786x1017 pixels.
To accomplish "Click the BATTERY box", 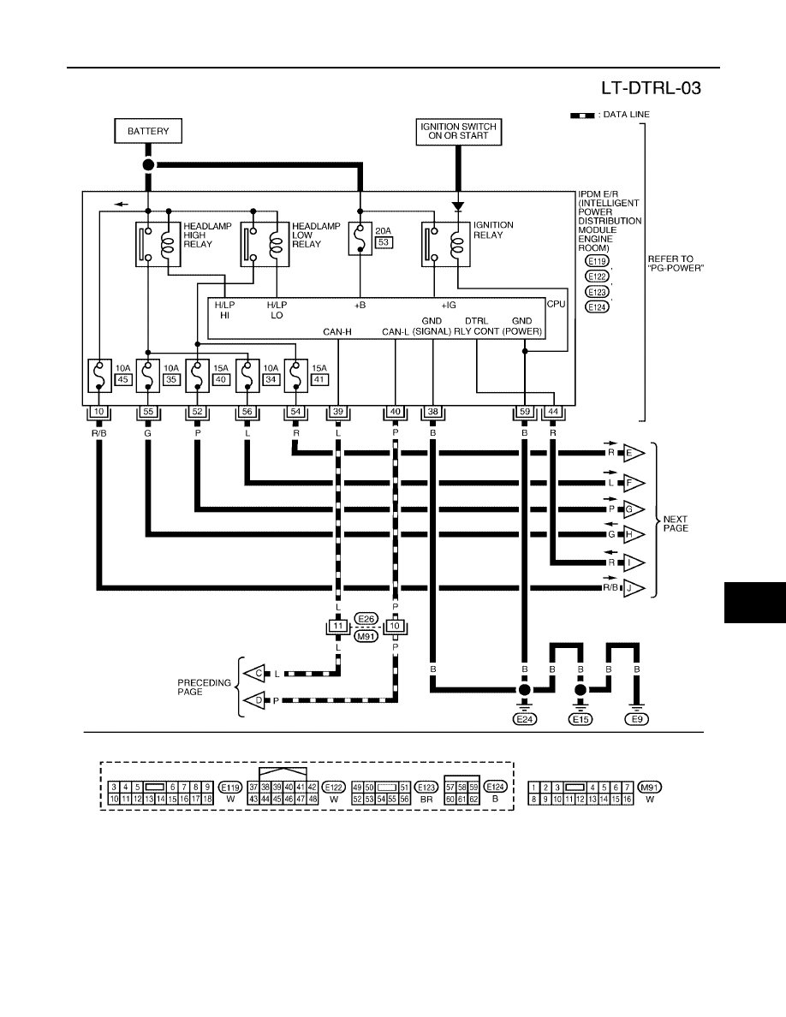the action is pyautogui.click(x=148, y=131).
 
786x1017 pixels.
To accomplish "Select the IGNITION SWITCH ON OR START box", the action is pyautogui.click(x=459, y=132).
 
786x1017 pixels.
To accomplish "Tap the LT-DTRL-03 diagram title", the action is pyautogui.click(x=651, y=88).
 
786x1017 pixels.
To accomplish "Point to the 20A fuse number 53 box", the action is pyautogui.click(x=384, y=242).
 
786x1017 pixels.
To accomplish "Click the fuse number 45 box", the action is pyautogui.click(x=122, y=379).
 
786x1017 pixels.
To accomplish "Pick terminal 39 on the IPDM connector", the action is pyautogui.click(x=338, y=412).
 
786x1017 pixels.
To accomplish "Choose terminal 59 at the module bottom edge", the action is pyautogui.click(x=525, y=412).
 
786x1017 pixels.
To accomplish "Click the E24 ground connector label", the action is pyautogui.click(x=525, y=718).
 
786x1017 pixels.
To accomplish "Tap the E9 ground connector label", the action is pyautogui.click(x=637, y=718).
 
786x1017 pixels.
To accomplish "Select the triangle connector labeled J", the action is pyautogui.click(x=634, y=589).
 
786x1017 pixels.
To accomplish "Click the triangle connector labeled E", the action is pyautogui.click(x=634, y=454).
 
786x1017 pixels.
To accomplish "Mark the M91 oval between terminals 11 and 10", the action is pyautogui.click(x=366, y=636).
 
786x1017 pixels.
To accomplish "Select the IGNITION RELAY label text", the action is pyautogui.click(x=493, y=230).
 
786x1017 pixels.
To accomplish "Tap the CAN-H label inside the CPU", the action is pyautogui.click(x=337, y=332).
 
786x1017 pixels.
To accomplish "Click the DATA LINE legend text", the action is pyautogui.click(x=626, y=114).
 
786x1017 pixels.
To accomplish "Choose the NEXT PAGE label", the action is pyautogui.click(x=675, y=523).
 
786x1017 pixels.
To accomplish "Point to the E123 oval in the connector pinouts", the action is pyautogui.click(x=426, y=788).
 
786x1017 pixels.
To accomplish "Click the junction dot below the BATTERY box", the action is pyautogui.click(x=148, y=164).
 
